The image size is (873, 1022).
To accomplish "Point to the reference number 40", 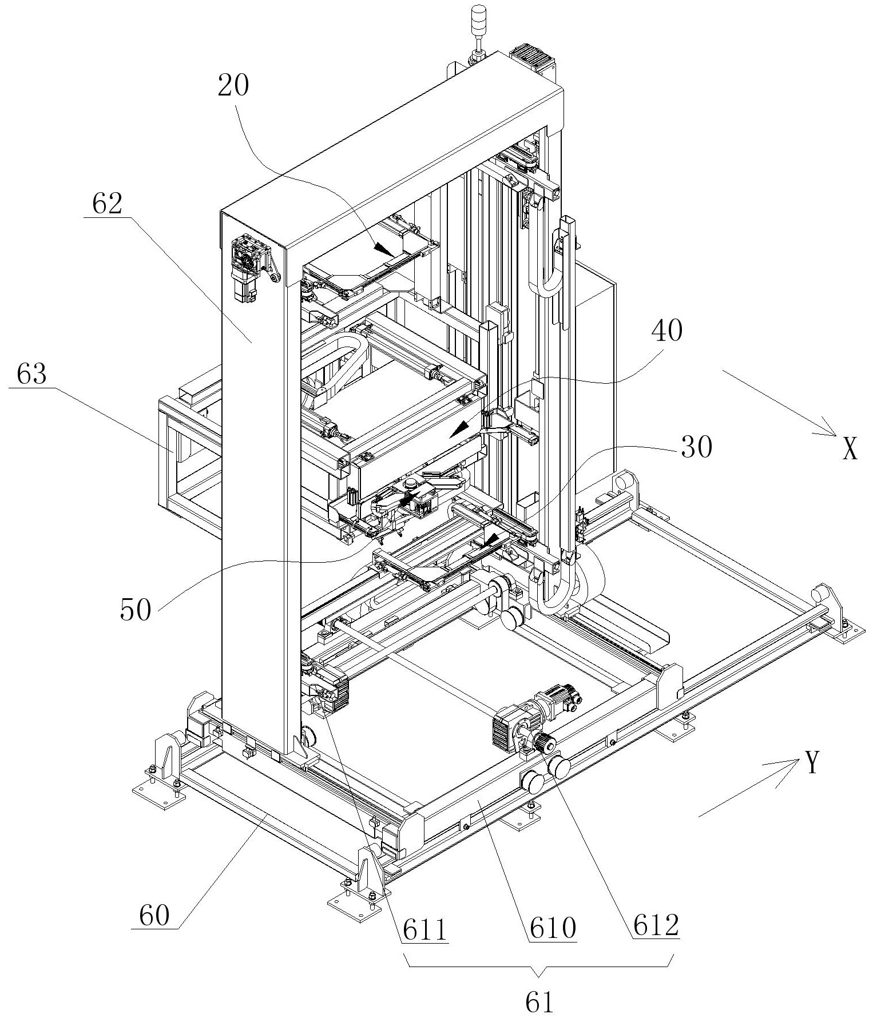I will (x=666, y=331).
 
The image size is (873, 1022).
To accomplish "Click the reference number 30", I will (x=696, y=448).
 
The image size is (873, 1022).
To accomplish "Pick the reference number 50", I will (x=136, y=610).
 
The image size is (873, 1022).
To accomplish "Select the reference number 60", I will (x=154, y=917).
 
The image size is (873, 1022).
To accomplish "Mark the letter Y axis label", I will (x=813, y=763).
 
